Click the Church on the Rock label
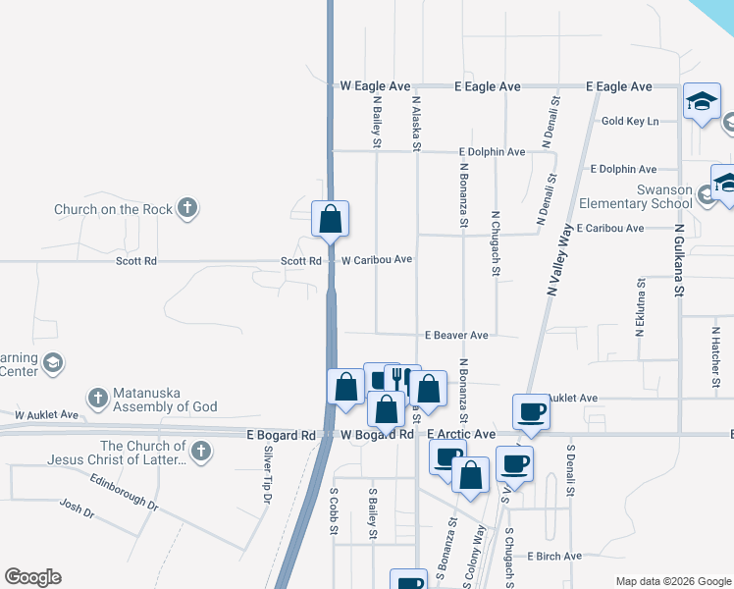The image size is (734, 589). coord(113,209)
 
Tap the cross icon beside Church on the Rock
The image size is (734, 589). coord(187,208)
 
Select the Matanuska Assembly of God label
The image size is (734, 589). coord(164,399)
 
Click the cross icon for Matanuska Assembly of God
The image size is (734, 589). coord(97,398)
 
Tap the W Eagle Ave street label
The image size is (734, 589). coord(375,86)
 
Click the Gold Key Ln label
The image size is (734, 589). coord(629,121)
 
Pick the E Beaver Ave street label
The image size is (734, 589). coord(456,335)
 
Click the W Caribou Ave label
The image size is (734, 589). coord(376,260)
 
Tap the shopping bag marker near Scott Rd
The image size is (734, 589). coord(331,219)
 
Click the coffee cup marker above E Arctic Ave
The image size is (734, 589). coord(531,411)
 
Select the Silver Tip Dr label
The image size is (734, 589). coord(267,475)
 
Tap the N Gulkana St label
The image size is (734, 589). coord(677,257)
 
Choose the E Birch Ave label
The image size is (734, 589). coord(553,556)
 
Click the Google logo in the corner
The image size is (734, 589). coord(32,577)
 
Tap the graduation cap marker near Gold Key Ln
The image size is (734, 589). coord(702,102)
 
